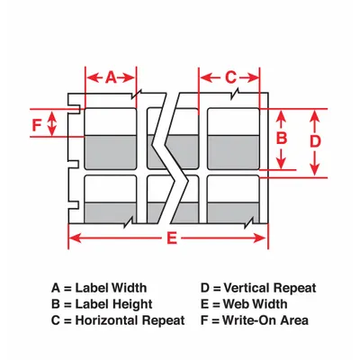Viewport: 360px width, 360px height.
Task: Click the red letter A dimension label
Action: pyautogui.click(x=111, y=77)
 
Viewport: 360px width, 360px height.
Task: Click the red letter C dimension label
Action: pyautogui.click(x=230, y=77)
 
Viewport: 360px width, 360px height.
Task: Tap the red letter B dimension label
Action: pyautogui.click(x=282, y=139)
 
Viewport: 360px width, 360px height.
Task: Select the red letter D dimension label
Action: pyautogui.click(x=315, y=141)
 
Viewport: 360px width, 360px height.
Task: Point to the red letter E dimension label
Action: pyautogui.click(x=172, y=238)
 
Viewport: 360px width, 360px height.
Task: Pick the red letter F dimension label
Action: pyautogui.click(x=37, y=125)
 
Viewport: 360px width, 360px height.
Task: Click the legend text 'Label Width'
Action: pyautogui.click(x=111, y=288)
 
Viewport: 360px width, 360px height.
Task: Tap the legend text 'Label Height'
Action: pyautogui.click(x=113, y=304)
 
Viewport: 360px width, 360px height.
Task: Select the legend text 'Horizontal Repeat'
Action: pyautogui.click(x=130, y=320)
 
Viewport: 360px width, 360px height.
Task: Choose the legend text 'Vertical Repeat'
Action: pyautogui.click(x=270, y=288)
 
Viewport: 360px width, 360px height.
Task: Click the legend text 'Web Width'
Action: pyautogui.click(x=255, y=304)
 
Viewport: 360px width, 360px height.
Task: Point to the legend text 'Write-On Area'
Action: pyautogui.click(x=265, y=320)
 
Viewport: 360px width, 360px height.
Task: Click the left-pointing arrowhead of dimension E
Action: pyautogui.click(x=75, y=238)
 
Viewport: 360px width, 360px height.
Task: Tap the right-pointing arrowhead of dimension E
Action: pyautogui.click(x=260, y=238)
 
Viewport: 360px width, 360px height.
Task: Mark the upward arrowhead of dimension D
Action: pyautogui.click(x=314, y=116)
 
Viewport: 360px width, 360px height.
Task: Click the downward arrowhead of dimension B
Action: pyautogui.click(x=281, y=163)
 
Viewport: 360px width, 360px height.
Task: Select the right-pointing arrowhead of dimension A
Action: pyautogui.click(x=129, y=78)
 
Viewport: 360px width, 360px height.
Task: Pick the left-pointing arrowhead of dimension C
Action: pyautogui.click(x=206, y=78)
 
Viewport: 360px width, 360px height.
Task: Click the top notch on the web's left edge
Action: pyautogui.click(x=75, y=109)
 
